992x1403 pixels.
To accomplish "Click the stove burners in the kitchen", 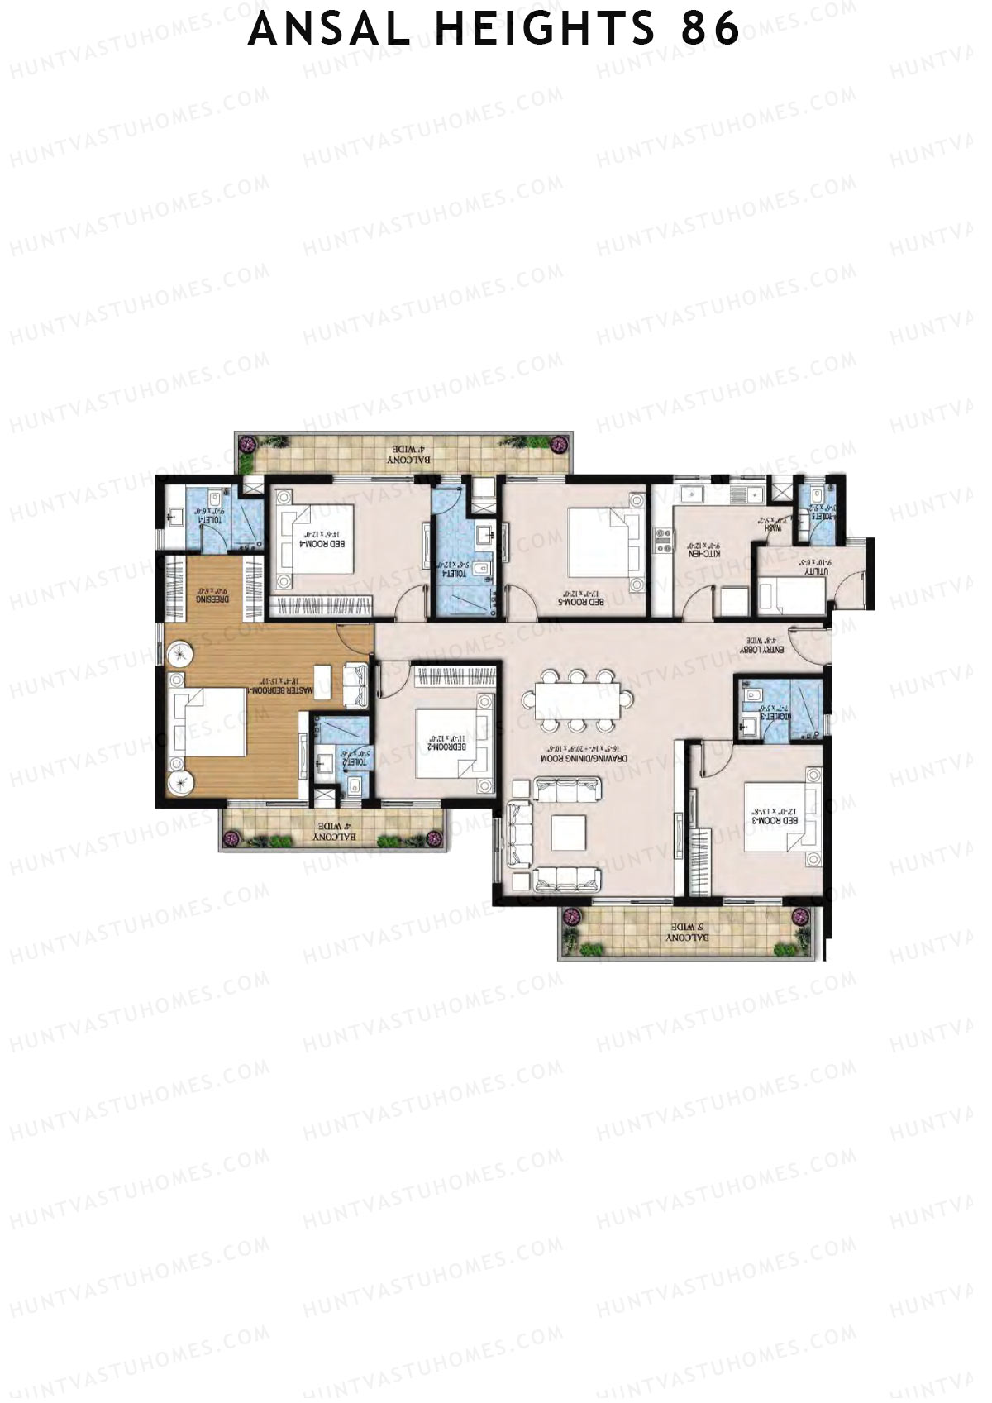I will (664, 541).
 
